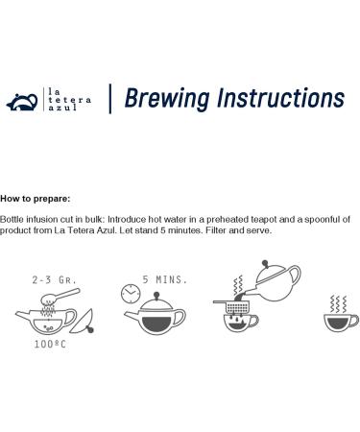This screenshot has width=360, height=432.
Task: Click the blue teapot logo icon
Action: tap(22, 102)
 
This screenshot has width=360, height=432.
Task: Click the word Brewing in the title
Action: tap(167, 98)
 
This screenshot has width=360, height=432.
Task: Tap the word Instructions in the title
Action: tap(281, 98)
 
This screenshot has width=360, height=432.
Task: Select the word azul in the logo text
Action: tap(62, 108)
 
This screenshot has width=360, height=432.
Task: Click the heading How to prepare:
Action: tap(36, 199)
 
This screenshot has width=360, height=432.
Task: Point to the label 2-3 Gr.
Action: tap(55, 280)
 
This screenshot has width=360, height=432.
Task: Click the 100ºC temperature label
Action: tap(50, 345)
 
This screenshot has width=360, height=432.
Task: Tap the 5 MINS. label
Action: tap(165, 279)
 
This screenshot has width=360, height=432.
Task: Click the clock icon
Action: tap(131, 293)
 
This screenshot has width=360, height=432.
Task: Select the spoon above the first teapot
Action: tap(60, 297)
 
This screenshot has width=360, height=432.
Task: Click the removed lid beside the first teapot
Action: tap(83, 322)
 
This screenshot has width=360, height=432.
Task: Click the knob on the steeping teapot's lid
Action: tap(156, 295)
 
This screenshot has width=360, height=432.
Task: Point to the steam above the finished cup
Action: tap(338, 304)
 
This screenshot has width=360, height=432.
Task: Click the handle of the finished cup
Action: tap(354, 321)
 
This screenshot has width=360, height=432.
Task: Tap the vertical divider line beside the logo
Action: tap(110, 99)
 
